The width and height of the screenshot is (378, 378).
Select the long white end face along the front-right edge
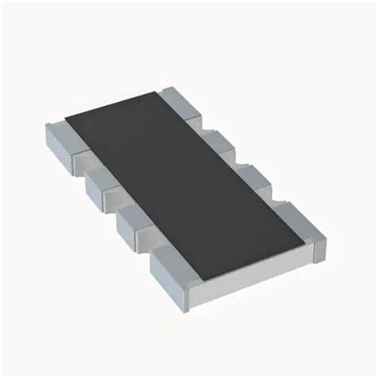click(x=263, y=267)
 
